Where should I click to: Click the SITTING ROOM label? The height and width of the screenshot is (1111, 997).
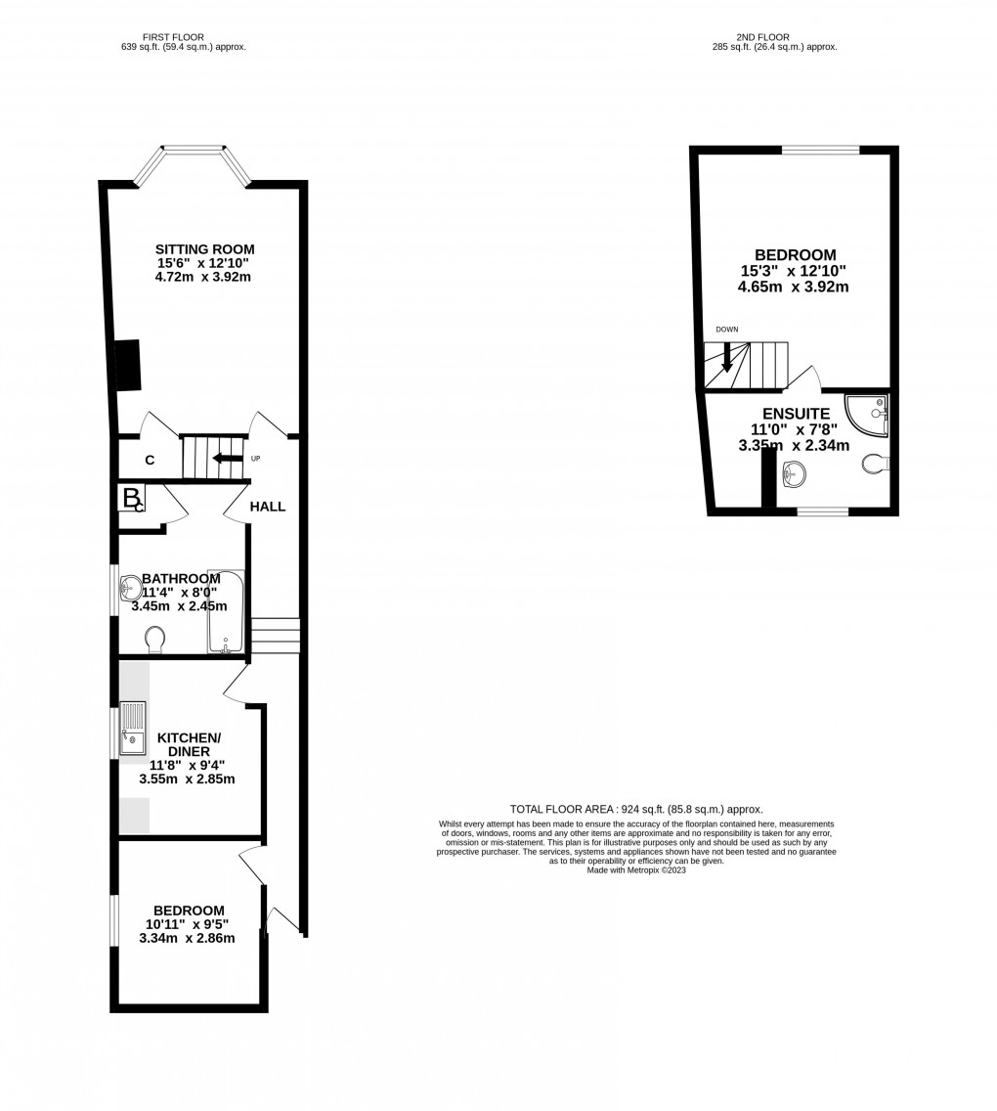click(205, 249)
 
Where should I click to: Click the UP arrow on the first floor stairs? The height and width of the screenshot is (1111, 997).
click(231, 458)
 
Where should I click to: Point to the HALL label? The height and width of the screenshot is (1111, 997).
click(268, 507)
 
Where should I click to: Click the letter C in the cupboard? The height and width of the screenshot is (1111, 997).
click(150, 460)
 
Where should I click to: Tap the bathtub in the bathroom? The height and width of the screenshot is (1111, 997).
click(225, 613)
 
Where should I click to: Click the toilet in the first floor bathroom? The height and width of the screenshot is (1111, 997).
click(154, 640)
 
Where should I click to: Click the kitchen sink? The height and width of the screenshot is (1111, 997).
click(132, 729)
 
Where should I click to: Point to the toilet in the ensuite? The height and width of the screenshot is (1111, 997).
click(875, 464)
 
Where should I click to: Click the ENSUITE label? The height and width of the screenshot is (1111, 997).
click(798, 414)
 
